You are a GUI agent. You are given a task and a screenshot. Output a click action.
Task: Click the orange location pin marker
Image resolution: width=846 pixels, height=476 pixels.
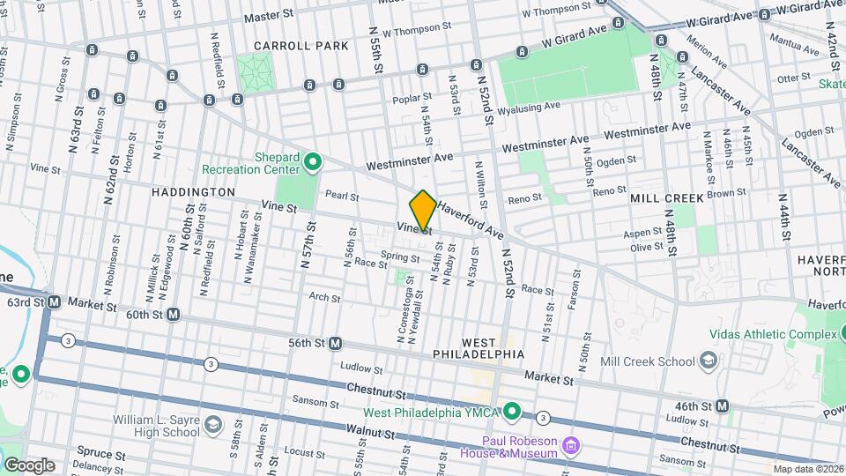pyautogui.click(x=423, y=211)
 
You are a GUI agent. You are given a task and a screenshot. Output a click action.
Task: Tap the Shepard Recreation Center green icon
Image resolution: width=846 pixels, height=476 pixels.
pyautogui.click(x=313, y=161)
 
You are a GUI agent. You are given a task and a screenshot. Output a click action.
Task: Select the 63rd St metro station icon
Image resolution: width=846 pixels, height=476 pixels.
pyautogui.click(x=54, y=302)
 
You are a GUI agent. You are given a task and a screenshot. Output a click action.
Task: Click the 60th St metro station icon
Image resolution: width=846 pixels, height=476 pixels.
pyautogui.click(x=174, y=314)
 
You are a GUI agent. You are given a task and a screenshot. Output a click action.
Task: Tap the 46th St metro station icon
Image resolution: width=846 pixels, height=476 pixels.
pyautogui.click(x=722, y=405)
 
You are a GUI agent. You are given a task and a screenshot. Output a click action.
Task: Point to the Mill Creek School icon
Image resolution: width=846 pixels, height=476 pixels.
pyautogui.click(x=708, y=361)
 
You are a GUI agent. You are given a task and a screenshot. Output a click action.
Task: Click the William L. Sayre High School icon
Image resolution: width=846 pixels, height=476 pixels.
pyautogui.click(x=212, y=426)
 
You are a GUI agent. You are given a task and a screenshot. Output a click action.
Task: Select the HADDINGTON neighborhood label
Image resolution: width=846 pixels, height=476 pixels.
pyautogui.click(x=192, y=191)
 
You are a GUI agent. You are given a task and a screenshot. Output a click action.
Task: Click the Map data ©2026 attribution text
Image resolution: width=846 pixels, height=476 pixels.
pyautogui.click(x=807, y=469)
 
